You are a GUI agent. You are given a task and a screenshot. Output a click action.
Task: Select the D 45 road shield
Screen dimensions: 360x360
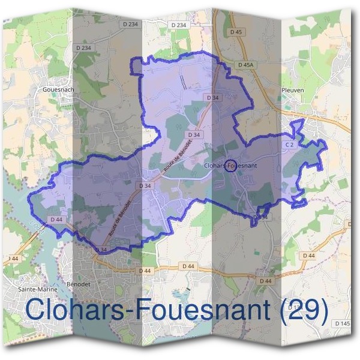[x=236, y=32]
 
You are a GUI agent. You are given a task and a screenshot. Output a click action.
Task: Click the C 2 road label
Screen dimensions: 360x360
[x=289, y=145]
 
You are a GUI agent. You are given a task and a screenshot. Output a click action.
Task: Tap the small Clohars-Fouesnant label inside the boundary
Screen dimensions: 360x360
[x=231, y=161]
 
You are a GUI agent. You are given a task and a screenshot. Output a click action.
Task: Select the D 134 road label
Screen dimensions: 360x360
[x=260, y=217]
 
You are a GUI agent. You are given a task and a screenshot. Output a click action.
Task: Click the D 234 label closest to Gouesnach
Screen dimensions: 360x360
[x=86, y=47]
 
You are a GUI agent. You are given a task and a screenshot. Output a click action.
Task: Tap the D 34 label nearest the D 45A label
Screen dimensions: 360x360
[x=211, y=97]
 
